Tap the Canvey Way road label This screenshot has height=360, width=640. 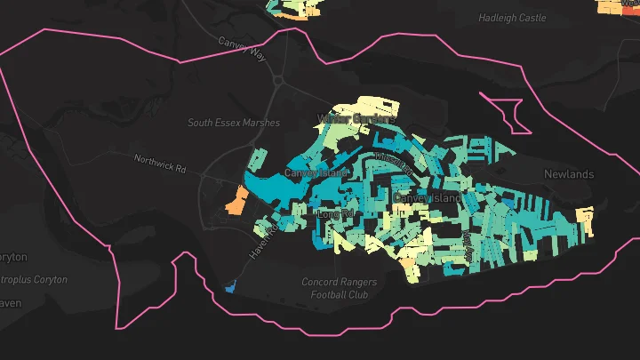coord(243,49)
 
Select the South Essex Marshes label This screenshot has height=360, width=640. coord(234,123)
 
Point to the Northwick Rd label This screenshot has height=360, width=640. coord(161,164)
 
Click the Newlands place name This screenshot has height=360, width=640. coord(568,174)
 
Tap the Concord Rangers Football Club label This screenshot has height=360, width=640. coord(339,288)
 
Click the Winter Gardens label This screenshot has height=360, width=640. coord(356,118)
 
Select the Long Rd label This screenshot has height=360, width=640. coord(335,214)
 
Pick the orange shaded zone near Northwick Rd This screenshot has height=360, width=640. coord(236,202)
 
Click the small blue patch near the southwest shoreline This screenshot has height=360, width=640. coord(230,287)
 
